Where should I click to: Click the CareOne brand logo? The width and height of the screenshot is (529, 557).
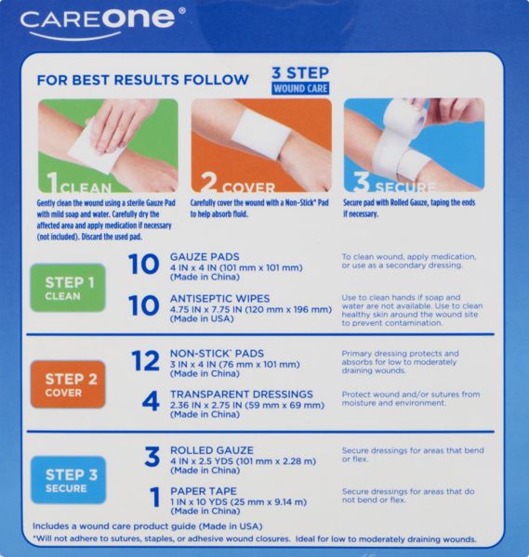(x=102, y=22)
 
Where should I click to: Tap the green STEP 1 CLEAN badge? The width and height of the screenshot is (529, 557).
(x=68, y=288)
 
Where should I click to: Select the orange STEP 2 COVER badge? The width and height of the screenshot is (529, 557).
(x=68, y=384)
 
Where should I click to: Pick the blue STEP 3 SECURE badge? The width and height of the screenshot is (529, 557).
(x=68, y=480)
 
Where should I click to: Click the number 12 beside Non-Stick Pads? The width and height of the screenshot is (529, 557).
(x=146, y=360)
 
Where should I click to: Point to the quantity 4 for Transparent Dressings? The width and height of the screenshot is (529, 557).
(x=151, y=401)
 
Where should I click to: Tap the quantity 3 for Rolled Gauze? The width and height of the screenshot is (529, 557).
(x=152, y=457)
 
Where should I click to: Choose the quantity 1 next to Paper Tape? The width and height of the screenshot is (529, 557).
(x=155, y=498)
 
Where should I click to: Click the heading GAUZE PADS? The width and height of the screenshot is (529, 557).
(x=205, y=257)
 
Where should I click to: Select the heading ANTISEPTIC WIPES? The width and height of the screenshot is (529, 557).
(x=219, y=298)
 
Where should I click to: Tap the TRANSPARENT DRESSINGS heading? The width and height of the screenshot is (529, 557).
(x=242, y=395)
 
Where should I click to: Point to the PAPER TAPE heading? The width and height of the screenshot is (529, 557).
(x=204, y=491)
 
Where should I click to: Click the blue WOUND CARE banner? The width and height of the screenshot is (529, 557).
(x=300, y=88)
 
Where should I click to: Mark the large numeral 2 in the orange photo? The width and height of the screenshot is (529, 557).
(x=208, y=183)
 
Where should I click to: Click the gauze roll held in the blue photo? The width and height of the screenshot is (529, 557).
(x=405, y=118)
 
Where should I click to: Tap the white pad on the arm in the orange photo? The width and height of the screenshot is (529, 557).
(x=261, y=133)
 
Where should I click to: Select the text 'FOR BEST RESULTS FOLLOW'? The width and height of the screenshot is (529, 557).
(x=142, y=80)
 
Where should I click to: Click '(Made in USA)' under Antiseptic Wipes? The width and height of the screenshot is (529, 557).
(x=202, y=319)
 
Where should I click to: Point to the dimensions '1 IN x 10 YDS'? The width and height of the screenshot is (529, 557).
(x=199, y=502)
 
